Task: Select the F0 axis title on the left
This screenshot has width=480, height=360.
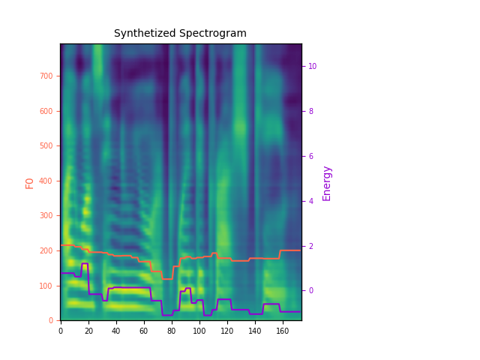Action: (30, 182)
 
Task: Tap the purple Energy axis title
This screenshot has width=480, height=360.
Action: (327, 183)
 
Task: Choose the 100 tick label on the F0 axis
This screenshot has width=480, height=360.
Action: (47, 286)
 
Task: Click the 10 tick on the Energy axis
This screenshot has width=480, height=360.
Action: (312, 66)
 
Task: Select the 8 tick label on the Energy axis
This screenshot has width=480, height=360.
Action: (310, 111)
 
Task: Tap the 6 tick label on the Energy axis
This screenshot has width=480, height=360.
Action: (310, 156)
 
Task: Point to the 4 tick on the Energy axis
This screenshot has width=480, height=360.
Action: (310, 201)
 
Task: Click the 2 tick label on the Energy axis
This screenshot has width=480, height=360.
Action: (310, 246)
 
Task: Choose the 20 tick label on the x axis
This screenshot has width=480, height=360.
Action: (88, 330)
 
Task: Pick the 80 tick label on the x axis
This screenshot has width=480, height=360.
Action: (172, 330)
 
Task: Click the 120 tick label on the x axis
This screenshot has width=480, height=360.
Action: (227, 330)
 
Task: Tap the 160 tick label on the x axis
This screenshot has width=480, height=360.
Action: (283, 330)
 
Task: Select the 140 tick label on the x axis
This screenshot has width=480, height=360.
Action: (255, 330)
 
